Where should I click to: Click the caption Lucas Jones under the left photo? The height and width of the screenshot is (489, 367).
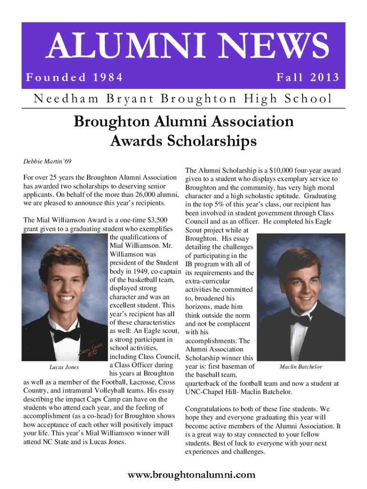point(64,367)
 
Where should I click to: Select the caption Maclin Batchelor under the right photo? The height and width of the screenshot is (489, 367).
point(301,367)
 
